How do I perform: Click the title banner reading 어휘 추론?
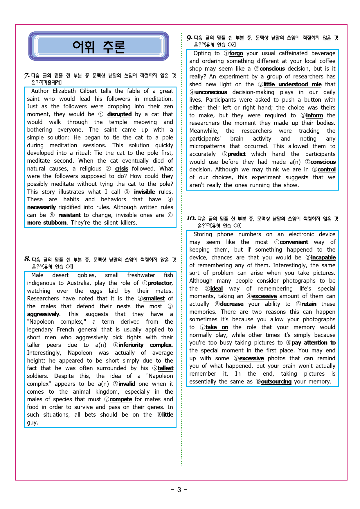coord(99,46)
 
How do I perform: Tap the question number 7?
coord(27,76)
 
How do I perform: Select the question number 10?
coord(191,218)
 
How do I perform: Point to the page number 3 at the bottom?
coord(179,490)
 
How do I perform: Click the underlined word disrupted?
coord(119,114)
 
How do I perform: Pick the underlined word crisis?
coord(121,169)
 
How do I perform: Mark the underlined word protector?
coord(160,283)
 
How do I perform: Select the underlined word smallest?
coord(154,299)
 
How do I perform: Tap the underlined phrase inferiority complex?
coord(145,345)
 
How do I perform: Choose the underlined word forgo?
coord(236,53)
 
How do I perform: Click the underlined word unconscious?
coord(211,92)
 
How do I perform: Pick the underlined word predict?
coord(236,154)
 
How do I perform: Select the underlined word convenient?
coord(294,242)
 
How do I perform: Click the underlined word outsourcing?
coord(276,382)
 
